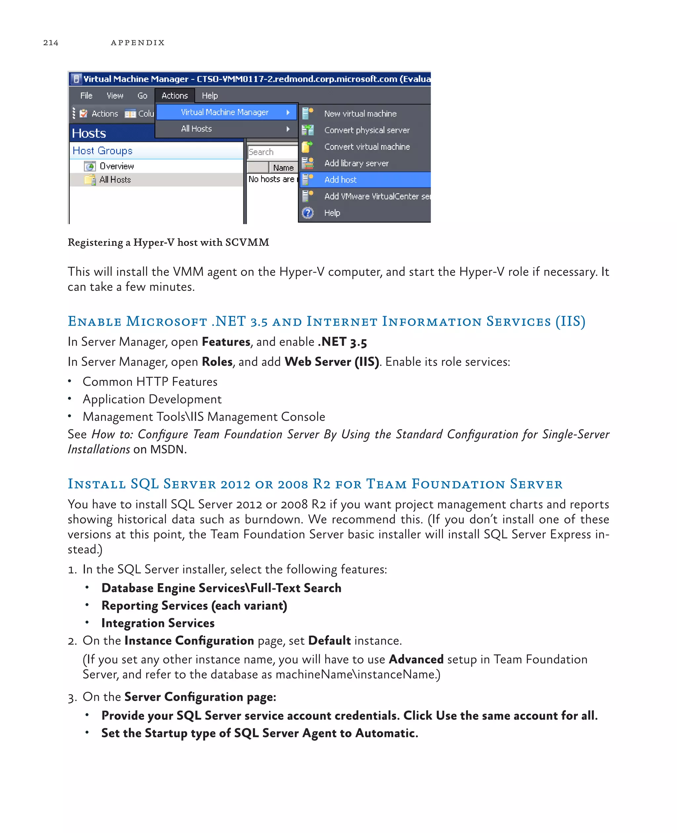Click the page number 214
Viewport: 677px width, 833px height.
tap(51, 43)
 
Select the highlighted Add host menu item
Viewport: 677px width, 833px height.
tap(340, 180)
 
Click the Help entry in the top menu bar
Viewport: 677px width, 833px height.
tap(210, 96)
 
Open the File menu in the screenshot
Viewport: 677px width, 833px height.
tap(86, 96)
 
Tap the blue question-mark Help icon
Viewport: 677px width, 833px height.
tap(308, 213)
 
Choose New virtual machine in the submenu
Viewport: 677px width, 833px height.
tap(360, 113)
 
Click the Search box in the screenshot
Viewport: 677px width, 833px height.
tap(272, 152)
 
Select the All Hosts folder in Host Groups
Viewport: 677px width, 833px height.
tap(115, 180)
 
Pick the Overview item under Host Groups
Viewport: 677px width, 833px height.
tap(116, 166)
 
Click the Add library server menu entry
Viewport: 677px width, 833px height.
tap(356, 163)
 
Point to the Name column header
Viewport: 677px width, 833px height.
tap(283, 168)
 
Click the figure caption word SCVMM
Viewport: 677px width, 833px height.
tap(247, 243)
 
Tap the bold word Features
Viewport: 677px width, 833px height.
tap(226, 342)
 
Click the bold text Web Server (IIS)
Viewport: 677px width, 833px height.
tap(332, 362)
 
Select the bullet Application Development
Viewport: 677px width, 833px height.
tap(152, 399)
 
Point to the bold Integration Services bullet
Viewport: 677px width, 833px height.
tap(158, 623)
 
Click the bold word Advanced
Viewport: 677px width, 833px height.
tap(416, 659)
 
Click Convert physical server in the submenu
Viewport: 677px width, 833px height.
tap(367, 130)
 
